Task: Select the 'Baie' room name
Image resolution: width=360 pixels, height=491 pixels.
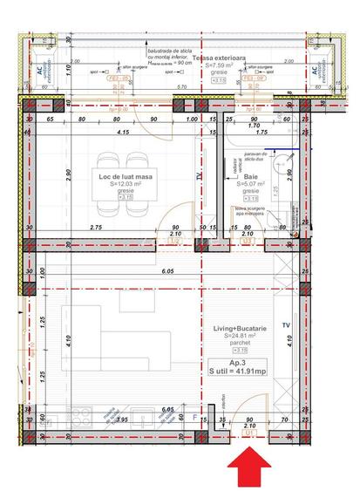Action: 250,176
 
